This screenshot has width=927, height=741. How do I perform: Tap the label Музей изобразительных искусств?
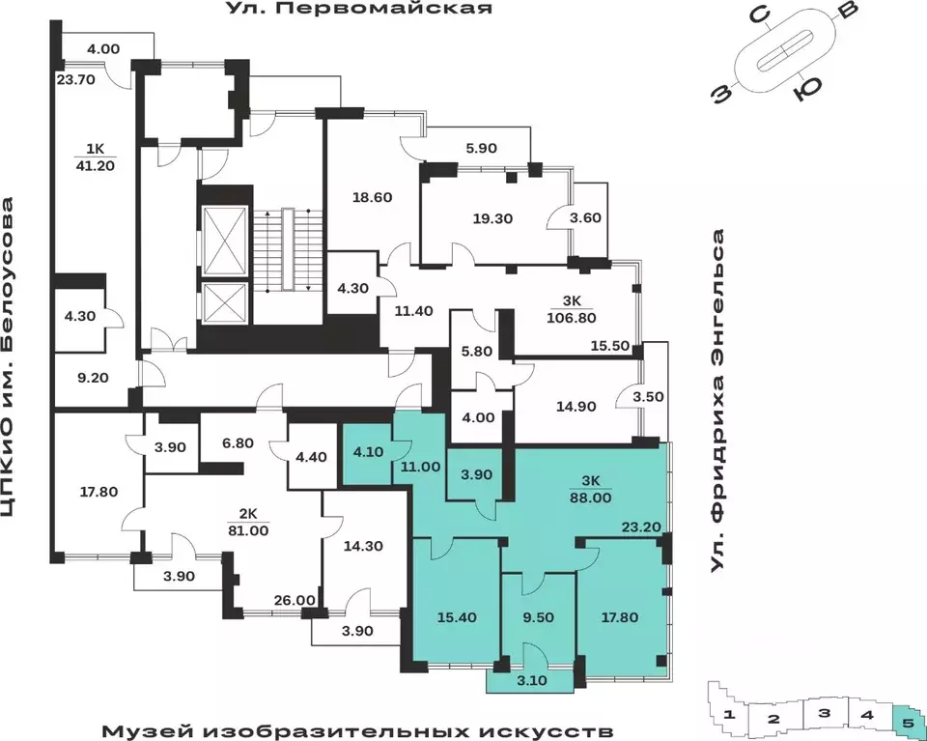[356, 727]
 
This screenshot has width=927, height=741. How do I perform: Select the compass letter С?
[760, 16]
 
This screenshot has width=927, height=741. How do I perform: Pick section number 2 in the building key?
[772, 719]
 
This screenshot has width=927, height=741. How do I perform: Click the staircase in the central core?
[285, 248]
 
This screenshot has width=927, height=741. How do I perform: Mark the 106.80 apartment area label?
[583, 318]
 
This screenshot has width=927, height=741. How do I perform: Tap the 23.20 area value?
[640, 527]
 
